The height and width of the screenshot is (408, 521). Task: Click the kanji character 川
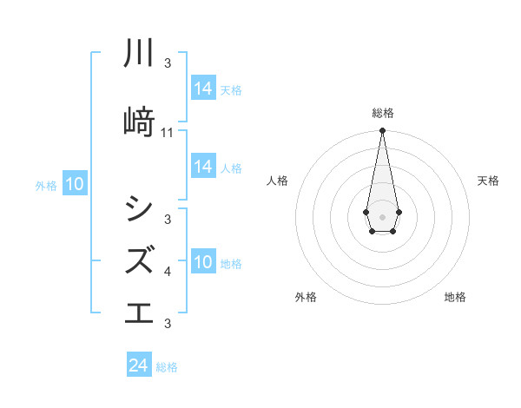click(x=139, y=54)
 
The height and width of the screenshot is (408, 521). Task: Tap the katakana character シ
click(x=139, y=208)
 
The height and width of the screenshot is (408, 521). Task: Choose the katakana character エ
click(x=139, y=310)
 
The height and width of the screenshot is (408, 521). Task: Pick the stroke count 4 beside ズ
click(x=168, y=273)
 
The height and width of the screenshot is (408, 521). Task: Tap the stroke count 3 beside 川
click(x=168, y=63)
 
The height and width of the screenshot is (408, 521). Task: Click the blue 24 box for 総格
click(x=138, y=366)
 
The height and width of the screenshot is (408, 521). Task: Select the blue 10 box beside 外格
click(x=74, y=184)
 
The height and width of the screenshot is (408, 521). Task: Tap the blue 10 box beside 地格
click(x=203, y=262)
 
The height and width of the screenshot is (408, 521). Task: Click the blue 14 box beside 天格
click(x=203, y=89)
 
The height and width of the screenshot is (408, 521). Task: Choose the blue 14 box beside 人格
click(x=203, y=167)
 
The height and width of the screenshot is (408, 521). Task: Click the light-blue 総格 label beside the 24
click(x=167, y=367)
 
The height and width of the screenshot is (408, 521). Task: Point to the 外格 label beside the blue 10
click(x=46, y=185)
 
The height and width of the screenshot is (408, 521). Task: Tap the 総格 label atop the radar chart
click(x=382, y=113)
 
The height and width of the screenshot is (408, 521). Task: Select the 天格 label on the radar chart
click(x=489, y=181)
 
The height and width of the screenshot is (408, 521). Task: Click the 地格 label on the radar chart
click(x=455, y=297)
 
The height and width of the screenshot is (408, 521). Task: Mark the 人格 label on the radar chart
click(x=277, y=181)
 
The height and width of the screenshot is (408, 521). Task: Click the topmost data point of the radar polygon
click(x=382, y=131)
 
